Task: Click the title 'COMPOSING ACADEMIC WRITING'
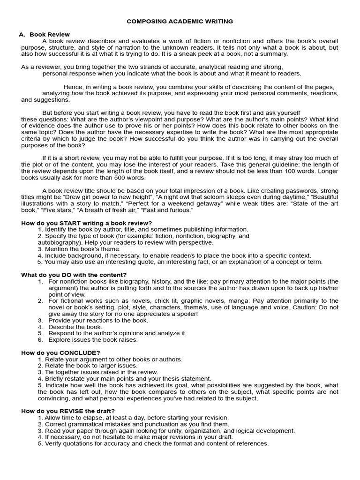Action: [180, 21]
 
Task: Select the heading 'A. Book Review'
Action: [45, 34]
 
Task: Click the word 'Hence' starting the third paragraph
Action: [73, 87]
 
